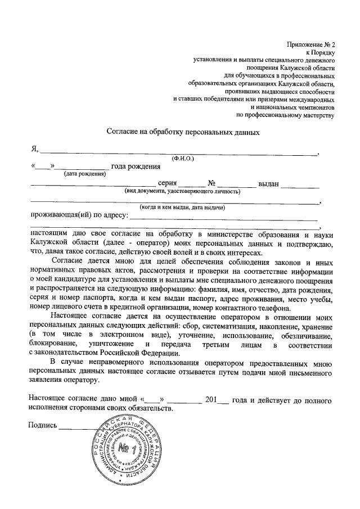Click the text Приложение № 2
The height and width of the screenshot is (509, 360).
click(x=310, y=44)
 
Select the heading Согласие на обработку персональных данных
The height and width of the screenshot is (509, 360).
click(x=183, y=133)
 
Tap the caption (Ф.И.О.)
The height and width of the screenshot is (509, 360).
click(x=183, y=159)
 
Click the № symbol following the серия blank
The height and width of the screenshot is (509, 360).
click(x=212, y=183)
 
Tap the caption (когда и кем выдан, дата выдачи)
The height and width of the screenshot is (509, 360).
click(x=183, y=207)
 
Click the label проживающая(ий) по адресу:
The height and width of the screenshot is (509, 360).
click(x=79, y=214)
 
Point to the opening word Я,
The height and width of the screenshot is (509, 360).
click(x=34, y=149)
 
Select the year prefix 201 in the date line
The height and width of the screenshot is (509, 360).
click(x=211, y=400)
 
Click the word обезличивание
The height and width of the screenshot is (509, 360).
click(x=307, y=335)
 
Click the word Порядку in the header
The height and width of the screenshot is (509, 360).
click(x=323, y=52)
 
